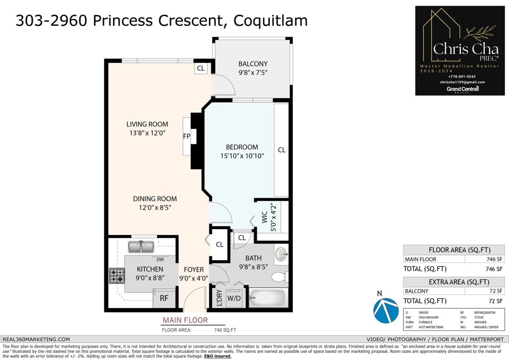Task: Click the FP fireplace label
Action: [x=186, y=137]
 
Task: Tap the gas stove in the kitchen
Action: [x=117, y=276]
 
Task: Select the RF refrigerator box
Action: [x=164, y=298]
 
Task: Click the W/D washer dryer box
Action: [x=234, y=298]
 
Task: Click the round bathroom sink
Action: [x=281, y=255]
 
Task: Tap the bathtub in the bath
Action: [x=267, y=298]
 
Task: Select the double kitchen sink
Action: [x=141, y=246]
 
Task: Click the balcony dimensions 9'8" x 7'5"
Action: [x=253, y=73]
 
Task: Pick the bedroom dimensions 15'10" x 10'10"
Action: [x=242, y=156]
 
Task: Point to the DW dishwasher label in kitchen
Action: [x=160, y=259]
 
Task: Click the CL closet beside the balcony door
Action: [x=201, y=68]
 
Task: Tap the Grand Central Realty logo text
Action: [x=462, y=89]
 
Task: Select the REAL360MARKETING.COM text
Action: [x=36, y=339]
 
